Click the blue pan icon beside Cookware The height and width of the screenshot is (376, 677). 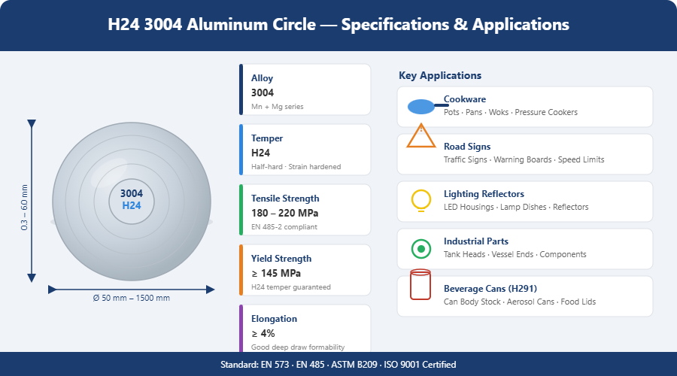[x=421, y=107]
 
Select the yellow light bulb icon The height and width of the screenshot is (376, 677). [x=421, y=201]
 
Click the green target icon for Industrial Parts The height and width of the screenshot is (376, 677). [x=421, y=249]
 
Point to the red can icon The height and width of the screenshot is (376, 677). [x=420, y=284]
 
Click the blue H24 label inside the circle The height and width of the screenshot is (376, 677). [x=132, y=205]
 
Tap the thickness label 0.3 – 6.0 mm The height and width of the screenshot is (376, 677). [x=24, y=208]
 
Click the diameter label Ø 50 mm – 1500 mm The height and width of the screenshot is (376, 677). [x=131, y=298]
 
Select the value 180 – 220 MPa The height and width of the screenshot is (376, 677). [x=284, y=213]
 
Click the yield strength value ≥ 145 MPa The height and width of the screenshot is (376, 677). [x=276, y=273]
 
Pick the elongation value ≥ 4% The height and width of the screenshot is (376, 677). [x=263, y=333]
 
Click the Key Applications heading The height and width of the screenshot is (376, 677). [x=440, y=75]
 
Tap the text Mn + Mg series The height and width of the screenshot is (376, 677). [x=277, y=107]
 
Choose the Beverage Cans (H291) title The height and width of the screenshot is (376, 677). [x=484, y=288]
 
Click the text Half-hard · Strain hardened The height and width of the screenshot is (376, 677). [x=296, y=167]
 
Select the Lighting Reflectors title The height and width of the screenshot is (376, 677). [x=484, y=194]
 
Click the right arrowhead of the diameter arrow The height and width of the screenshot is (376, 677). [x=211, y=290]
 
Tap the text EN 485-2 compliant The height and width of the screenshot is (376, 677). [x=284, y=226]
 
